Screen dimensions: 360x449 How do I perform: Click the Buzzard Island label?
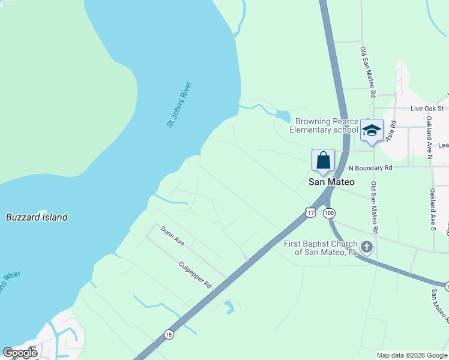[x=37, y=217]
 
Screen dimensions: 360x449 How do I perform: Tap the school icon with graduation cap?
[x=372, y=130]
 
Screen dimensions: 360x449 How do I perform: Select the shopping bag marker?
[x=323, y=160]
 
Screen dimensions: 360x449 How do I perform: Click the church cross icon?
[x=366, y=247]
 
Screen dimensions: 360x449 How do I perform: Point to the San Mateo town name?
[x=331, y=181]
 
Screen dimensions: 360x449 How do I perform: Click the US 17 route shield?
[x=310, y=212]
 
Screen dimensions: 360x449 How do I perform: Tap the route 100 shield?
[x=328, y=213]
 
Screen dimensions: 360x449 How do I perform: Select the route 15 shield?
[x=169, y=335]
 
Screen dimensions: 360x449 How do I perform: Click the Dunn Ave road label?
[x=172, y=235]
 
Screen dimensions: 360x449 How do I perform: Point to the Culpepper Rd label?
[x=196, y=274]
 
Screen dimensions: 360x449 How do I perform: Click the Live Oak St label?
[x=427, y=109]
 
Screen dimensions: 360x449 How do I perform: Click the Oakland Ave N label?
[x=430, y=142]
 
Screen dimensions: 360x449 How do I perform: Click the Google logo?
[x=20, y=352]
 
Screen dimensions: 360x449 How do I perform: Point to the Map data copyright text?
[x=412, y=355]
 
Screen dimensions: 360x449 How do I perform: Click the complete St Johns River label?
[x=179, y=103]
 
